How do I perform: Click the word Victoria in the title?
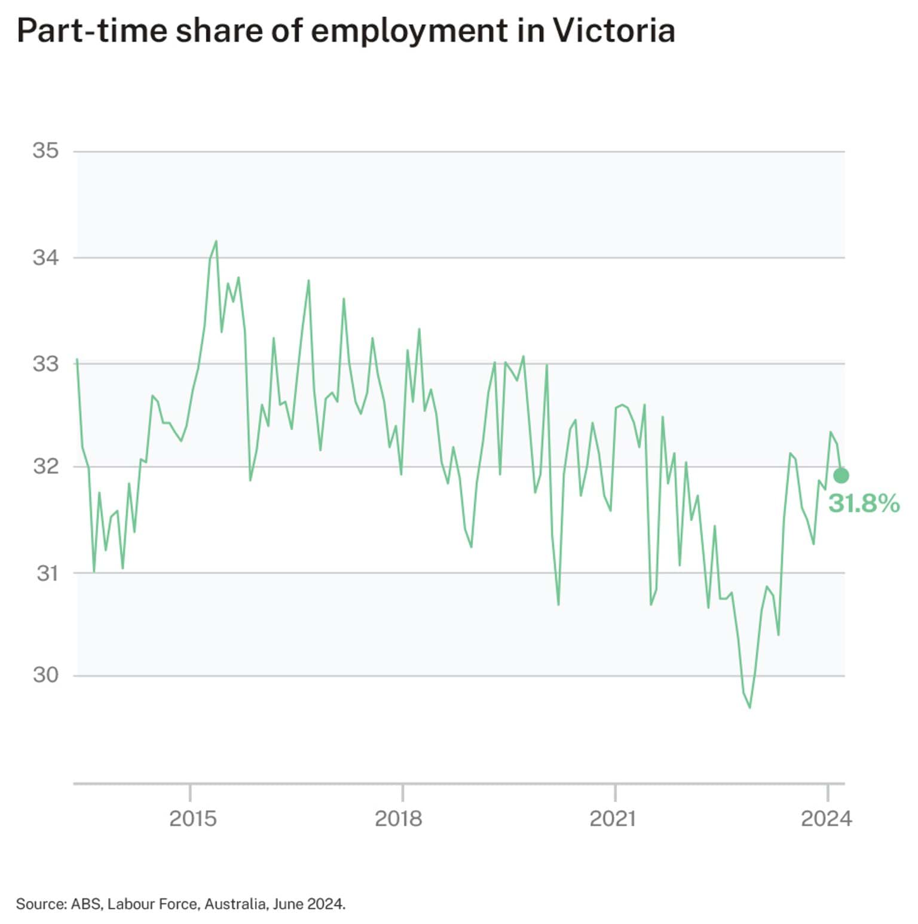[x=613, y=30]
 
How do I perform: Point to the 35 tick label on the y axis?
[x=46, y=151]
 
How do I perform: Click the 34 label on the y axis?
[x=46, y=257]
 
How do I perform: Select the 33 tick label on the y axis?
[x=46, y=363]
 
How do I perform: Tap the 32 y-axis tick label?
[x=46, y=466]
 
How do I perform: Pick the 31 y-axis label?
[x=47, y=573]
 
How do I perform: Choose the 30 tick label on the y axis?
[x=46, y=675]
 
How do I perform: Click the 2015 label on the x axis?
[x=192, y=818]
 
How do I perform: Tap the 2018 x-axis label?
[x=398, y=818]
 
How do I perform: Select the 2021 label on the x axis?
[x=612, y=818]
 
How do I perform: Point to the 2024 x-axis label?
[x=826, y=818]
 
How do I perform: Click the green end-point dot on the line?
[x=841, y=475]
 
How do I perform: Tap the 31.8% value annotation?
[x=864, y=504]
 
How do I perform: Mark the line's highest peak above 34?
[x=216, y=241]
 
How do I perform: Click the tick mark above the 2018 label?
[x=403, y=792]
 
